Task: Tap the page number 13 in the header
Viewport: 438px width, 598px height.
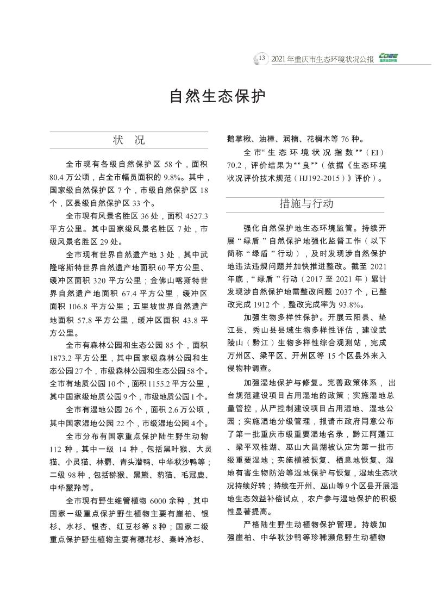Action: tap(261, 58)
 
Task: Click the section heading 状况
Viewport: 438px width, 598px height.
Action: tap(128, 140)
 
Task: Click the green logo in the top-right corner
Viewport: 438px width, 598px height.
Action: tap(389, 58)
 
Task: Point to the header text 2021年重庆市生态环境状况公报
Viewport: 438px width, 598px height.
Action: tap(322, 59)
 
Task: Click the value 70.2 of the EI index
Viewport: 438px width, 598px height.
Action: tap(235, 165)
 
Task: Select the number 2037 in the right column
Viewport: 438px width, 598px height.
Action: tap(345, 292)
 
